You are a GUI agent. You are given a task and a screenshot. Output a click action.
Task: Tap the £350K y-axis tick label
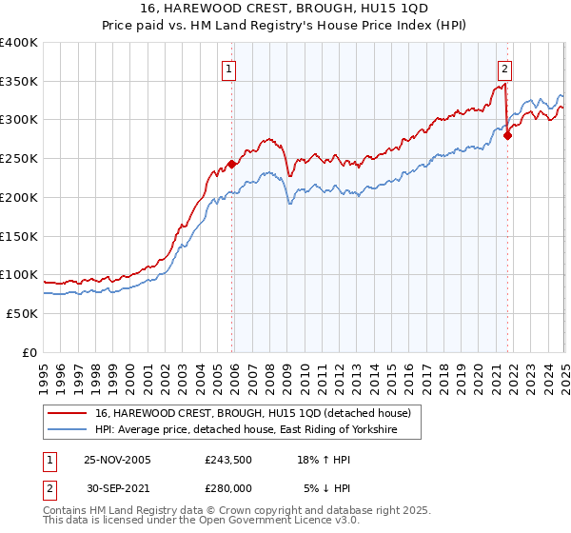tap(19, 82)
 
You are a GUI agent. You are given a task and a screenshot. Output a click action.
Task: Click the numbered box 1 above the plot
tap(230, 68)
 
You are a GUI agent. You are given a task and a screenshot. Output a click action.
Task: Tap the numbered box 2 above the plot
tap(503, 68)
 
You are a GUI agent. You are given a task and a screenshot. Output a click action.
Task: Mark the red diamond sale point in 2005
tap(232, 164)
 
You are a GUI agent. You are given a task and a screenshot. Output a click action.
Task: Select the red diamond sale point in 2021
tap(507, 135)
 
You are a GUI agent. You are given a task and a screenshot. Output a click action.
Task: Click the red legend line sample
tap(69, 413)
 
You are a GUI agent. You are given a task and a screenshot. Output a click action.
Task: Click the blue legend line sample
tap(69, 430)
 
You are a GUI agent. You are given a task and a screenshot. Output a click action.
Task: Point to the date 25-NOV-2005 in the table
tap(118, 459)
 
